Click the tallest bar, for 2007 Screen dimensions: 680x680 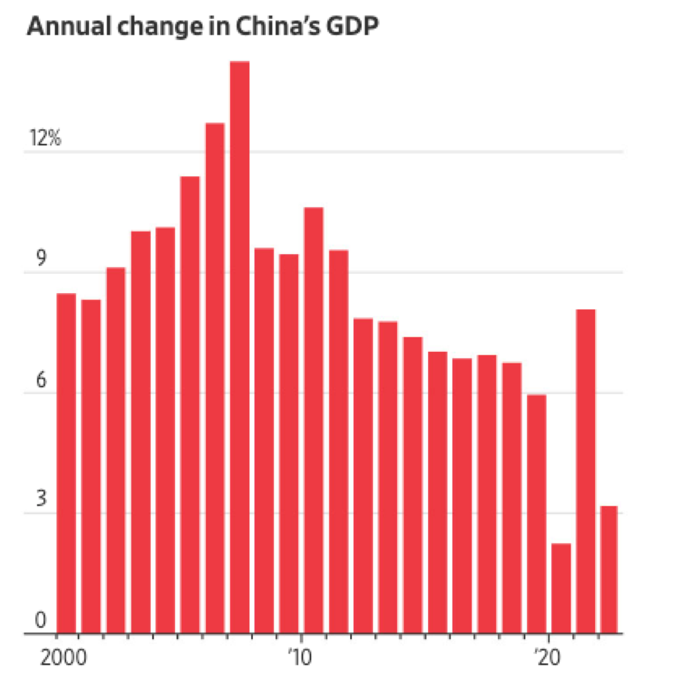click(x=239, y=345)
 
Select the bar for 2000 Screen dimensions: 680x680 click(x=67, y=463)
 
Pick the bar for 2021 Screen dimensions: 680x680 click(x=585, y=471)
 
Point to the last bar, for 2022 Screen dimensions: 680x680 click(x=609, y=569)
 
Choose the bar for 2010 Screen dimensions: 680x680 click(x=313, y=419)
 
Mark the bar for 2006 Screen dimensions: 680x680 click(x=215, y=377)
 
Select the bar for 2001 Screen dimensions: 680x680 click(x=91, y=466)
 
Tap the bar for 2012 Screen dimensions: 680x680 click(x=363, y=476)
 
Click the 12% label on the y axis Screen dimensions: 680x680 click(x=45, y=138)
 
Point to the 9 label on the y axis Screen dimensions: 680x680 click(x=41, y=258)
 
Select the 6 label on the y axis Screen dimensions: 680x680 click(x=41, y=380)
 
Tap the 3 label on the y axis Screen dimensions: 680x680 click(x=41, y=499)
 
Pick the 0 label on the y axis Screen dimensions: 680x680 click(x=41, y=620)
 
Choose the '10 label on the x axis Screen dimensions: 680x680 click(x=300, y=658)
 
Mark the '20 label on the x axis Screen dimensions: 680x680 click(x=547, y=658)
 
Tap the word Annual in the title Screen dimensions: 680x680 click(x=69, y=26)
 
